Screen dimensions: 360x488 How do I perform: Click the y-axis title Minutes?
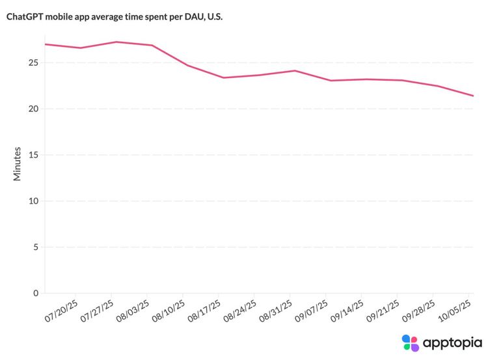click(x=18, y=164)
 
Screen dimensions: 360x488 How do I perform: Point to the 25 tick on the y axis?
click(x=33, y=63)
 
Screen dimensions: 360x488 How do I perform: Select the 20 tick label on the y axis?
click(x=33, y=109)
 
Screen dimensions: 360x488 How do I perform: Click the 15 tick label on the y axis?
click(x=33, y=155)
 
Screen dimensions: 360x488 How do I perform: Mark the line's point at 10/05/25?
click(x=473, y=96)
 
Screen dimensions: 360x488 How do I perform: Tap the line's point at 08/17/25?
click(x=223, y=77)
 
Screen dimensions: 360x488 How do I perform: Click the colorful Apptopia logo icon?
click(x=410, y=342)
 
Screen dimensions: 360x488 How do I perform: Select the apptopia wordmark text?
click(x=452, y=342)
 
